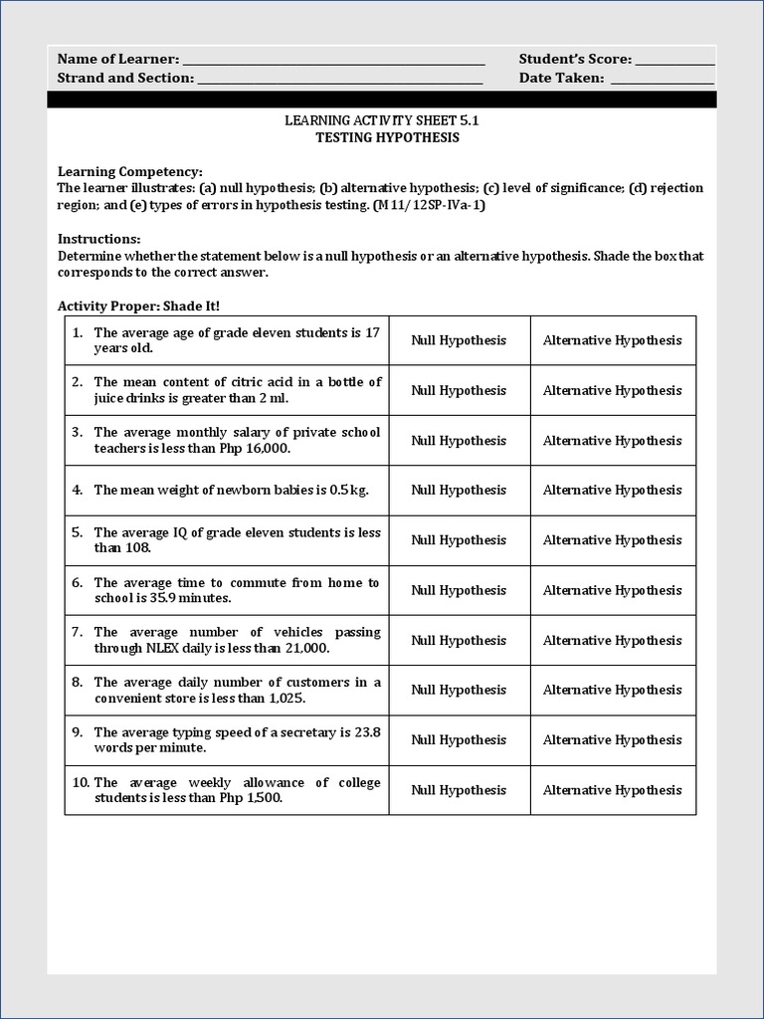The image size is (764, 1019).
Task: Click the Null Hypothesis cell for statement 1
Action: click(x=459, y=340)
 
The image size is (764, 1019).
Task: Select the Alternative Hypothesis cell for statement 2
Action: click(x=612, y=390)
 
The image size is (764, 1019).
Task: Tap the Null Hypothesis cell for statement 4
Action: click(x=459, y=490)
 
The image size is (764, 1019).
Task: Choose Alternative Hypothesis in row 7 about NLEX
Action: click(x=612, y=640)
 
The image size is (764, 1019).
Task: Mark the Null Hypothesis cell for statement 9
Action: click(x=459, y=739)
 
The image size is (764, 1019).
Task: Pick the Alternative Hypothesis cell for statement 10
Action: click(x=612, y=790)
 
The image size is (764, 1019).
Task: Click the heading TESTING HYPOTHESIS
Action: click(x=387, y=137)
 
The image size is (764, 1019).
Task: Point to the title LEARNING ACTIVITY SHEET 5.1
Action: click(x=387, y=120)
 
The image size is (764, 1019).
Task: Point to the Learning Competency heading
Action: click(x=129, y=171)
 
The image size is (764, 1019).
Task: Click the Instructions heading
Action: click(x=98, y=239)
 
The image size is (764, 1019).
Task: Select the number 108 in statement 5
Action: click(x=136, y=548)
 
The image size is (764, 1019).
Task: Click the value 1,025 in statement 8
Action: click(x=257, y=698)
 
